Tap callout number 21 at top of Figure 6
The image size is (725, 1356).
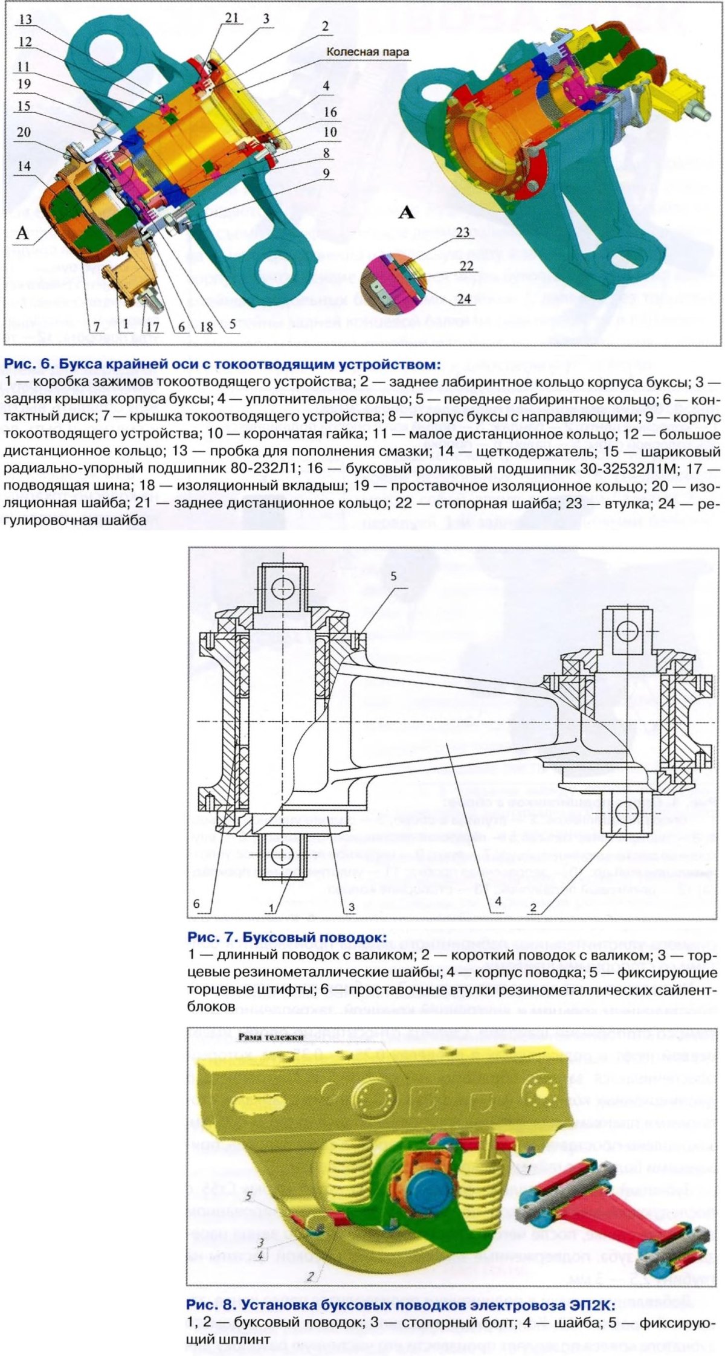pyautogui.click(x=233, y=18)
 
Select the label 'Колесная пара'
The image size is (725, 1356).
pyautogui.click(x=367, y=52)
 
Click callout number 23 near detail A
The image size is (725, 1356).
pyautogui.click(x=463, y=231)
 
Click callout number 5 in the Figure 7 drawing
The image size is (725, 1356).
pyautogui.click(x=393, y=577)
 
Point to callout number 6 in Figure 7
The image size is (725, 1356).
pyautogui.click(x=196, y=904)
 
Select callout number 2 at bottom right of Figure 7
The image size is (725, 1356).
pyautogui.click(x=533, y=907)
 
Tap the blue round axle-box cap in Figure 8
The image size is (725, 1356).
pyautogui.click(x=425, y=1183)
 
